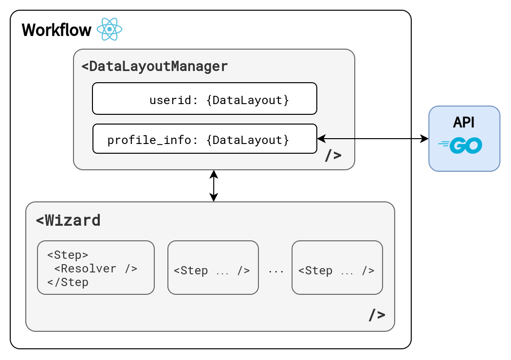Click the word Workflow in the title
pos(56,30)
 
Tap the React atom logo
pos(109,29)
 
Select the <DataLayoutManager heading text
pos(154,66)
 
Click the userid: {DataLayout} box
pos(205,98)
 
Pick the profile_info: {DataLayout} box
pos(205,139)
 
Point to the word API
pos(464,123)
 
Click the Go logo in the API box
pos(460,145)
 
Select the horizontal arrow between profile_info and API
pos(373,139)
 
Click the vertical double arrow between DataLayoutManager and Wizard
pos(214,186)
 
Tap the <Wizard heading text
pos(68,220)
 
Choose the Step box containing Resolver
pos(96,268)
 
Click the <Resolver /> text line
pos(95,269)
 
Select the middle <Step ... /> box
pos(213,268)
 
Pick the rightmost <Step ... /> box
pos(337,268)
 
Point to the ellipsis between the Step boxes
pos(276,271)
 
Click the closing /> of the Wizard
pos(377,315)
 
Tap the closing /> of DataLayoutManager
pos(333,155)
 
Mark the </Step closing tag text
pos(68,282)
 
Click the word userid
pos(170,100)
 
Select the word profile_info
pos(149,140)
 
